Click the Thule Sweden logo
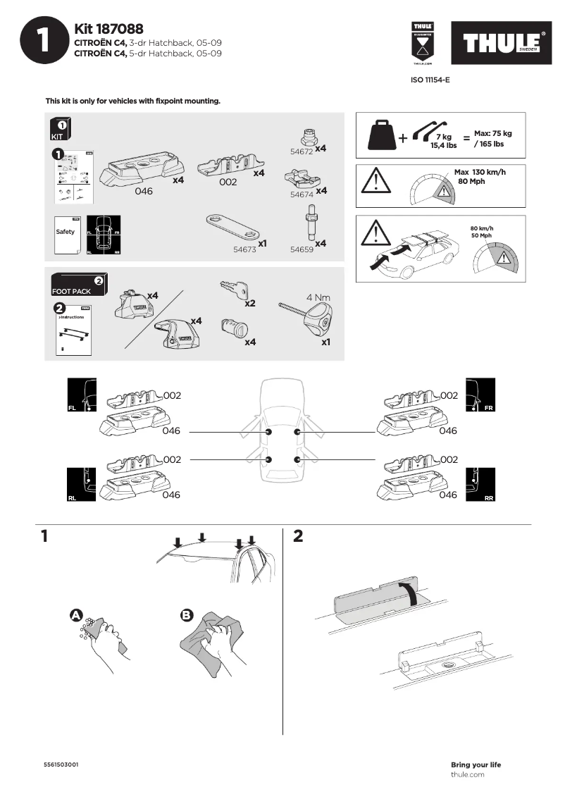(x=502, y=44)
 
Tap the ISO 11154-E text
(x=430, y=80)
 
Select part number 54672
(x=302, y=151)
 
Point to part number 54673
(x=244, y=249)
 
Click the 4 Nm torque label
(x=318, y=297)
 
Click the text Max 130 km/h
(x=480, y=173)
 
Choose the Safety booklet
(x=66, y=233)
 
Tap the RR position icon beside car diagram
(x=481, y=485)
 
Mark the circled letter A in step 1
(x=76, y=615)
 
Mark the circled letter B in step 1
(x=187, y=615)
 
